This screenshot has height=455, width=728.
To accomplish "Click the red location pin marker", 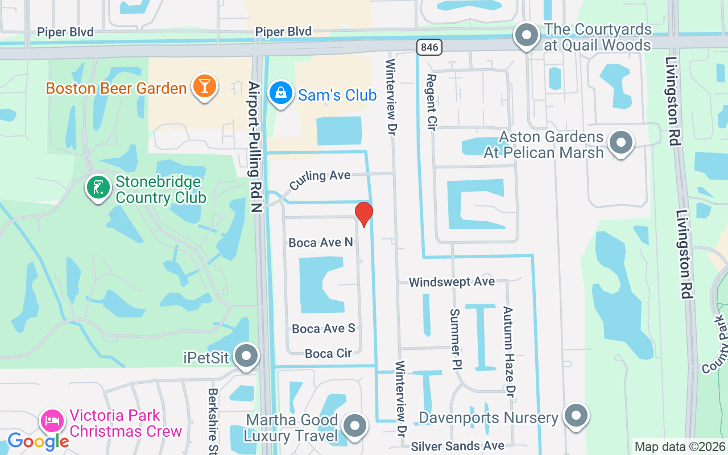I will tap(364, 214).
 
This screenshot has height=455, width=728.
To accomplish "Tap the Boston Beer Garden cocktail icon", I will tap(203, 86).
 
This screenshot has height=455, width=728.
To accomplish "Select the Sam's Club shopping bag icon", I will tap(280, 94).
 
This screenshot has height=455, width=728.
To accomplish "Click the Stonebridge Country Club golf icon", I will tap(98, 188).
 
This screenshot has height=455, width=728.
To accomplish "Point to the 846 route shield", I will tap(429, 47).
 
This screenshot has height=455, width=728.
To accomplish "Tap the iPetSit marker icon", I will tap(246, 356).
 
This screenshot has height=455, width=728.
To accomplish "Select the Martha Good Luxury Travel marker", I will tap(356, 425).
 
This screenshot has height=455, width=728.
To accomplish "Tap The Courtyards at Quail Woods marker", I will tap(527, 35).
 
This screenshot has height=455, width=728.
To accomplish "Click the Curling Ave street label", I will tap(320, 180).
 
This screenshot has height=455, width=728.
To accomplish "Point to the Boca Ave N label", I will tap(321, 243).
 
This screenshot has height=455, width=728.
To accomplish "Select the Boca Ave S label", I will tap(323, 329).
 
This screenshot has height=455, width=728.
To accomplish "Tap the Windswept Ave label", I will tap(452, 282).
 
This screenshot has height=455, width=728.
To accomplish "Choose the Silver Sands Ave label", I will tap(457, 446).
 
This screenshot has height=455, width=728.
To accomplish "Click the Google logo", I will tap(38, 441).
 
